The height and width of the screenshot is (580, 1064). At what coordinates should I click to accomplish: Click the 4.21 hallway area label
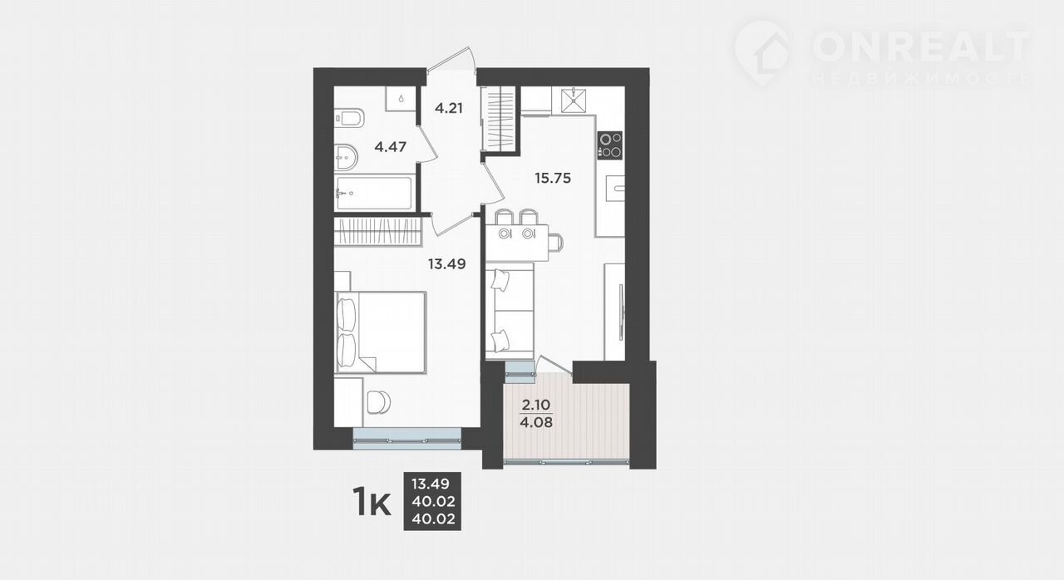coord(448,108)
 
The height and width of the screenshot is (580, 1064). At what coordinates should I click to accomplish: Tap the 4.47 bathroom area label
coord(390,146)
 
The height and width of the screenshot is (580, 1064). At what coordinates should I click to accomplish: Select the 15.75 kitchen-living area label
coord(553,178)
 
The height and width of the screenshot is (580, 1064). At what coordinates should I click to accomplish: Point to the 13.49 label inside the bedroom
coord(446,263)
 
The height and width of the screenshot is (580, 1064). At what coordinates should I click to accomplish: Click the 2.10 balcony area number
coord(536,405)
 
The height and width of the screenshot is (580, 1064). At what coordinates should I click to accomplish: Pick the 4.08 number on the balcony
coord(536,422)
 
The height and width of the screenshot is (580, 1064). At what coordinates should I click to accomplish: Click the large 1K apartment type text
coord(372,503)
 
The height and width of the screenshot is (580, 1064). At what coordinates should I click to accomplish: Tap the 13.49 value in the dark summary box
coord(431,484)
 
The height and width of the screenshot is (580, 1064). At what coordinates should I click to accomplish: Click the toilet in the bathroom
coord(349,118)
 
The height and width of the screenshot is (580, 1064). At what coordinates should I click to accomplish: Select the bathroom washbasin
coord(346,156)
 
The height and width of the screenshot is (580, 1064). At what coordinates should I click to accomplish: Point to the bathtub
coord(374,193)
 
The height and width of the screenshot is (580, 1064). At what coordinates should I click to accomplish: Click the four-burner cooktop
coord(610,145)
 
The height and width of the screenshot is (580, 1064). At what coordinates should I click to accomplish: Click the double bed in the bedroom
coord(381,332)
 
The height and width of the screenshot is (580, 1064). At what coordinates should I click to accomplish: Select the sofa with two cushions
coord(510,312)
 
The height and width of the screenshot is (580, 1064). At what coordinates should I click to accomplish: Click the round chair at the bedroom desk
coord(378,402)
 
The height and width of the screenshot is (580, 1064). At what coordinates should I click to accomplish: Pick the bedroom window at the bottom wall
coord(407,439)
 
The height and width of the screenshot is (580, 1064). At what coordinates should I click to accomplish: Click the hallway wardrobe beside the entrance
coord(498,119)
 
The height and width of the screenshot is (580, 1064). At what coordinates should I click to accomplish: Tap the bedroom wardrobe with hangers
coord(378,231)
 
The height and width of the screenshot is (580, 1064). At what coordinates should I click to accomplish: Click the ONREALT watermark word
coord(922,47)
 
